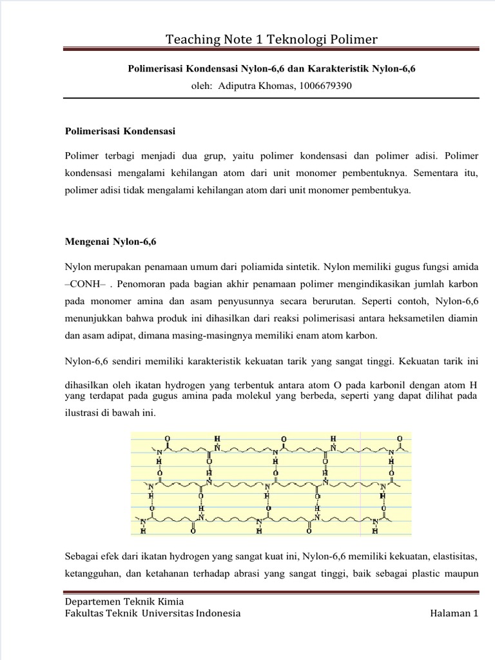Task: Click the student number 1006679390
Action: coord(325,85)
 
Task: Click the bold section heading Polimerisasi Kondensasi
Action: coord(120,131)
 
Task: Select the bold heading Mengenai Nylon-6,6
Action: coord(111,242)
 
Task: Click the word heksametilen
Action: coord(407,318)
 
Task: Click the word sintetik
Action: coord(300,266)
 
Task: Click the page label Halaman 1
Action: coord(454,613)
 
